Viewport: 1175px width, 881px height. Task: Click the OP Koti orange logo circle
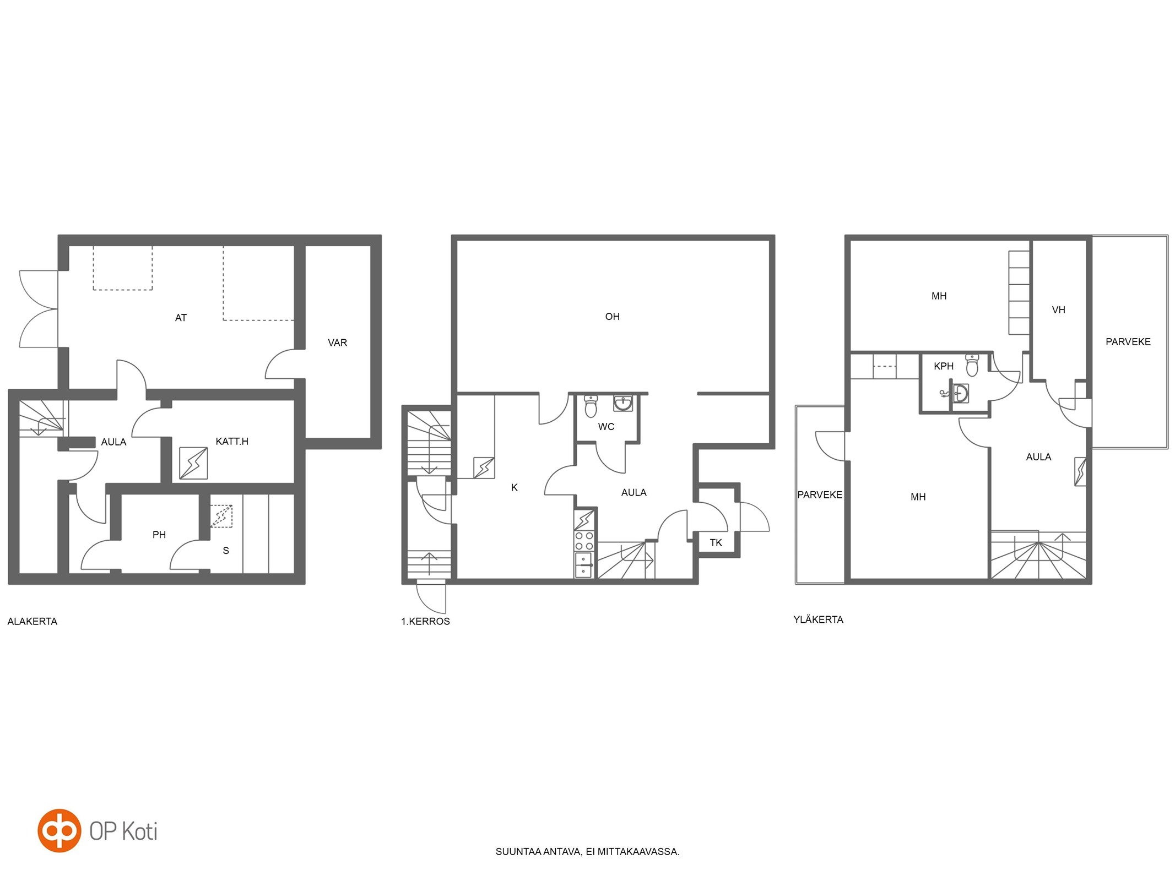pyautogui.click(x=59, y=830)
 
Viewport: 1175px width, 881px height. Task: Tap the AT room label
pyautogui.click(x=181, y=318)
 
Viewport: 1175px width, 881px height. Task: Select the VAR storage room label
pyautogui.click(x=337, y=342)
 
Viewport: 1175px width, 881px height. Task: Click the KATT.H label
pyautogui.click(x=232, y=441)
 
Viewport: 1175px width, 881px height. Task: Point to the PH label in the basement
pyautogui.click(x=159, y=534)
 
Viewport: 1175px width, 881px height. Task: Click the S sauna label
pyautogui.click(x=226, y=550)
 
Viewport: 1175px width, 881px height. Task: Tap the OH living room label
pyautogui.click(x=612, y=316)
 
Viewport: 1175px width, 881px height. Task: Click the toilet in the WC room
pyautogui.click(x=591, y=406)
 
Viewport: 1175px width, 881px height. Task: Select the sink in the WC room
pyautogui.click(x=623, y=404)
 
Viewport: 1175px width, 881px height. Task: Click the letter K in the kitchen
pyautogui.click(x=515, y=487)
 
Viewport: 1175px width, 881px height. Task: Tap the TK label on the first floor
pyautogui.click(x=716, y=542)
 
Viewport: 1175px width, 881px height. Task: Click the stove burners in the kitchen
pyautogui.click(x=584, y=541)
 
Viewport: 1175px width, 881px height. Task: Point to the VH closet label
pyautogui.click(x=1058, y=309)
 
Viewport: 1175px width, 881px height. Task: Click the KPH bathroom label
pyautogui.click(x=943, y=366)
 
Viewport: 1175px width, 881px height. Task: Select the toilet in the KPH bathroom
pyautogui.click(x=972, y=365)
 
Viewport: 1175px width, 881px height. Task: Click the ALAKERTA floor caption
pyautogui.click(x=33, y=621)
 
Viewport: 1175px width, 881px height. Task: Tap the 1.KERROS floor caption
pyautogui.click(x=425, y=621)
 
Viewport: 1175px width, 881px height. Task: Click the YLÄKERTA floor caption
pyautogui.click(x=818, y=619)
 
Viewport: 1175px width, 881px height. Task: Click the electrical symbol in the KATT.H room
pyautogui.click(x=193, y=463)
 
